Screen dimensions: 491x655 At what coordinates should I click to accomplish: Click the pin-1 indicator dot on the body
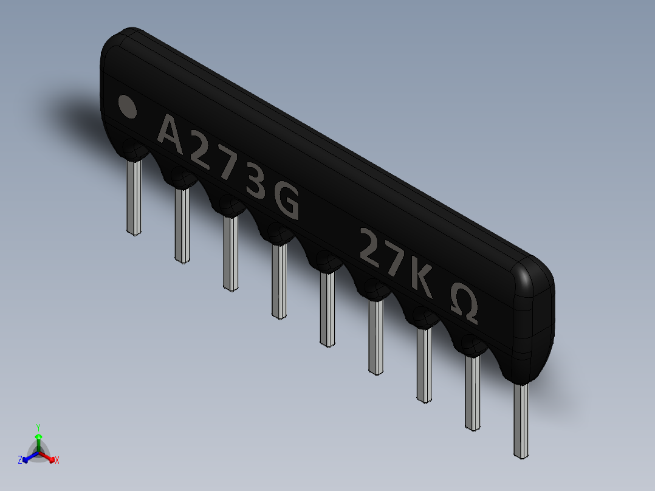click(x=126, y=106)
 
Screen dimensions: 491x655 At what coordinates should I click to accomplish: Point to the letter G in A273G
click(x=287, y=202)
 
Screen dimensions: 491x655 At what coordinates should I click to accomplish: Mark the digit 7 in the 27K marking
click(x=394, y=262)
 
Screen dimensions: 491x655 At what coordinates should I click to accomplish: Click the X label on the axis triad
click(x=57, y=461)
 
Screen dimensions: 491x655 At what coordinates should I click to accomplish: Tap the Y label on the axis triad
click(x=38, y=427)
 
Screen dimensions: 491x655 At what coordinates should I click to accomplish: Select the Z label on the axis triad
click(x=20, y=460)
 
